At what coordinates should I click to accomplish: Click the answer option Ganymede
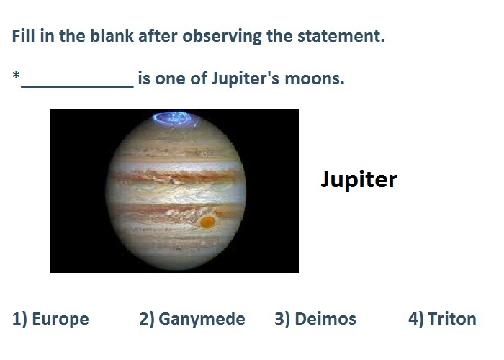point(202,320)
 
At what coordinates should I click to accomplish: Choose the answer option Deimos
point(325,319)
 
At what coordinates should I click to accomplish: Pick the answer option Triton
point(452,319)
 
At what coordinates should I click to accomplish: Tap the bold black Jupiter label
point(359,179)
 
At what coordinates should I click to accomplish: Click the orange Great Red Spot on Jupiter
point(207,222)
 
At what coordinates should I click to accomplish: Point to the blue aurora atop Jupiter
point(176,119)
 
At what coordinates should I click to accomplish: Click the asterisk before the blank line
point(16,76)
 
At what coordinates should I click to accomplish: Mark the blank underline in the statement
point(77,86)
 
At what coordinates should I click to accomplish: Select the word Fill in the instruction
point(24,35)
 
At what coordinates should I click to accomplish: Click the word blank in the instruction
point(112,35)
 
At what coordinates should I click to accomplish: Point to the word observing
point(222,36)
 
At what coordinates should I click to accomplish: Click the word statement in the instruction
point(341,36)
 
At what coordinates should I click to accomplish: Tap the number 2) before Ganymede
point(147,319)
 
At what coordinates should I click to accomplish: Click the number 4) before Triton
point(416,319)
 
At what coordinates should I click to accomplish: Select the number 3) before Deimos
point(282,319)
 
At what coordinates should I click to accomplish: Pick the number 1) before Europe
point(20,319)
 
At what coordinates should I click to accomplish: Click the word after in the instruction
point(158,35)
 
